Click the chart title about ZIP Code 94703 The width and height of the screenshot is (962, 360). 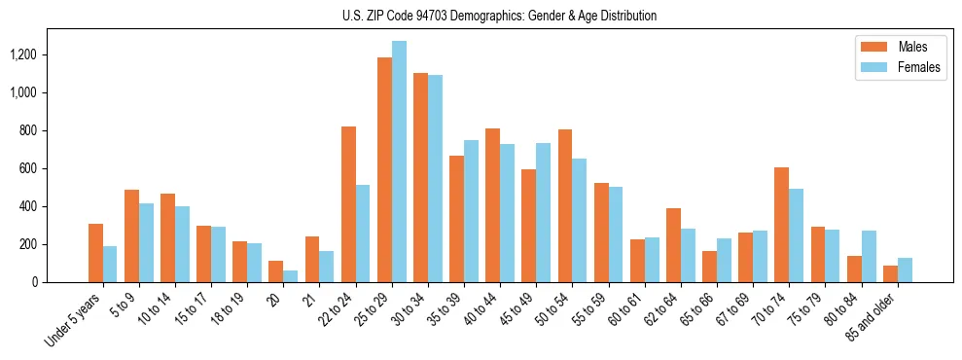point(499,16)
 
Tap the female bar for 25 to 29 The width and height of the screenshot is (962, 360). point(399,162)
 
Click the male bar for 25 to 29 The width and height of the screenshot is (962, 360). point(384,170)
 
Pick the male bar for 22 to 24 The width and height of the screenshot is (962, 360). point(348,204)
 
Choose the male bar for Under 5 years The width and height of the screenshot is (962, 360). point(95,253)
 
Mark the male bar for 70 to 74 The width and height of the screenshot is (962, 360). point(781,225)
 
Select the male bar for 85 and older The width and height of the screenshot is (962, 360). point(890,273)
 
